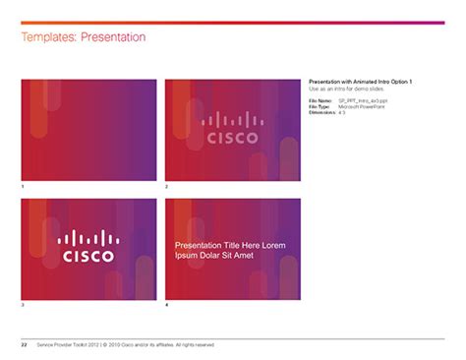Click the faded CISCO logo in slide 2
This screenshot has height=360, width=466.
coord(232,130)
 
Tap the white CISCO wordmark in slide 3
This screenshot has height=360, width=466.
coord(88,257)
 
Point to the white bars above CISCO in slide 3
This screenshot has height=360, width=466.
coord(88,237)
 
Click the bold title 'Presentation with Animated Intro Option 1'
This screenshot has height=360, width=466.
coord(360,81)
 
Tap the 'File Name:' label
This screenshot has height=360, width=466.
coord(320,100)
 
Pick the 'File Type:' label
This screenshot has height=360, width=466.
coord(320,106)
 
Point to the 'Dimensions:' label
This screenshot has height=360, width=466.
coord(321,113)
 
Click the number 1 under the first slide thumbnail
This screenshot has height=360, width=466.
coord(23,186)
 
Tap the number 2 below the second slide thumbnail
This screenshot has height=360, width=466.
coord(167,186)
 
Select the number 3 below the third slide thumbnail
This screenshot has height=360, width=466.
coord(23,306)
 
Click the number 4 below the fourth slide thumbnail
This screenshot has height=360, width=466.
coord(167,306)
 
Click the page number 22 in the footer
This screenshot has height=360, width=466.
coord(24,346)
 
